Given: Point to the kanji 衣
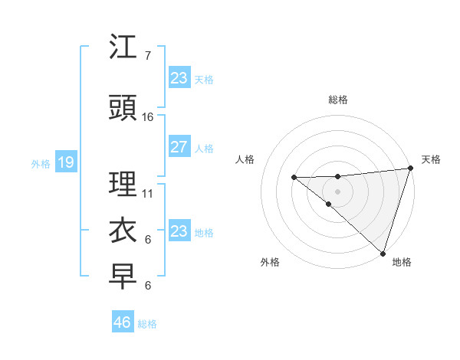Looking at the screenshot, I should pyautogui.click(x=123, y=230).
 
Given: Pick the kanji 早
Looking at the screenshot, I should pyautogui.click(x=123, y=277).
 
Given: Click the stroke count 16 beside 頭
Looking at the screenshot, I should pyautogui.click(x=148, y=116).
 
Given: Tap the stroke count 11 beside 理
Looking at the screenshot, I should pyautogui.click(x=148, y=194).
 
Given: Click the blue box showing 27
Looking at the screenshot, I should pyautogui.click(x=179, y=147).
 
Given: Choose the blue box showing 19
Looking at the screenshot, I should pyautogui.click(x=65, y=162).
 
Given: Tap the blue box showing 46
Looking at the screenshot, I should pyautogui.click(x=123, y=322).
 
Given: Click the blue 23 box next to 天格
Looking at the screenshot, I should pyautogui.click(x=179, y=78).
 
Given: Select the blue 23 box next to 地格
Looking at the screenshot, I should pyautogui.click(x=179, y=231).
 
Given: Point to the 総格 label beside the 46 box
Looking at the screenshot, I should pyautogui.click(x=148, y=324).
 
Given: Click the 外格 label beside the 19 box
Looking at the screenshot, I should pyautogui.click(x=41, y=163).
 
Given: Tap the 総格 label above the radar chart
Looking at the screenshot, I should pyautogui.click(x=337, y=100).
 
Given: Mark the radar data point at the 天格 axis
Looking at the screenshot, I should pyautogui.click(x=410, y=169).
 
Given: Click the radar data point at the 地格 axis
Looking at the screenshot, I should pyautogui.click(x=382, y=253).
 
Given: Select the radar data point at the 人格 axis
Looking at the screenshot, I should pyautogui.click(x=294, y=178).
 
